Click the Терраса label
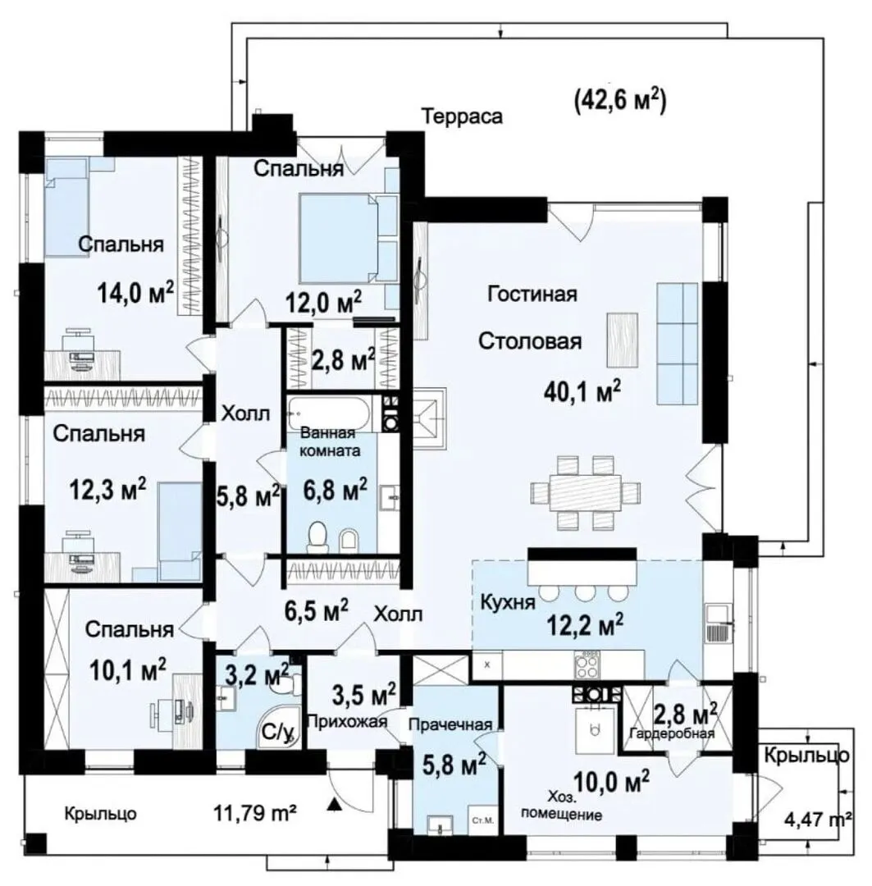[463, 117]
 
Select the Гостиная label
[532, 295]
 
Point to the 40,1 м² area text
[582, 390]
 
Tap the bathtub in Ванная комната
[330, 413]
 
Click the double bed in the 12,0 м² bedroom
[340, 238]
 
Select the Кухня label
[508, 602]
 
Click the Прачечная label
[450, 725]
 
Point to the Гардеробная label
[672, 733]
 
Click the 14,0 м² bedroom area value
[135, 293]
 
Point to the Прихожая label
[347, 721]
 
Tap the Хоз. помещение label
[561, 806]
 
